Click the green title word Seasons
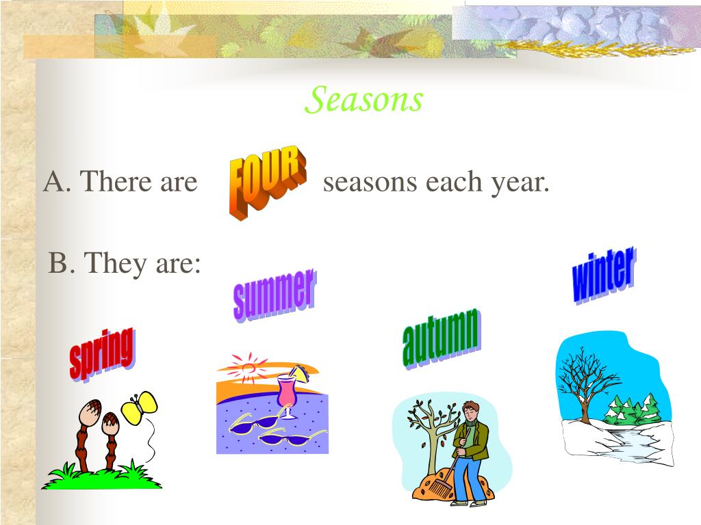tap(364, 99)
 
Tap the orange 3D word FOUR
tap(268, 182)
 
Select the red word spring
tap(102, 354)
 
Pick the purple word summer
tap(275, 295)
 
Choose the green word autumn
tap(442, 338)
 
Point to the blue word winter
tap(604, 275)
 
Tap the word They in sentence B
tap(115, 263)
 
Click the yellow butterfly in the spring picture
tap(139, 407)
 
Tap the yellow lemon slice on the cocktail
tap(298, 373)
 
